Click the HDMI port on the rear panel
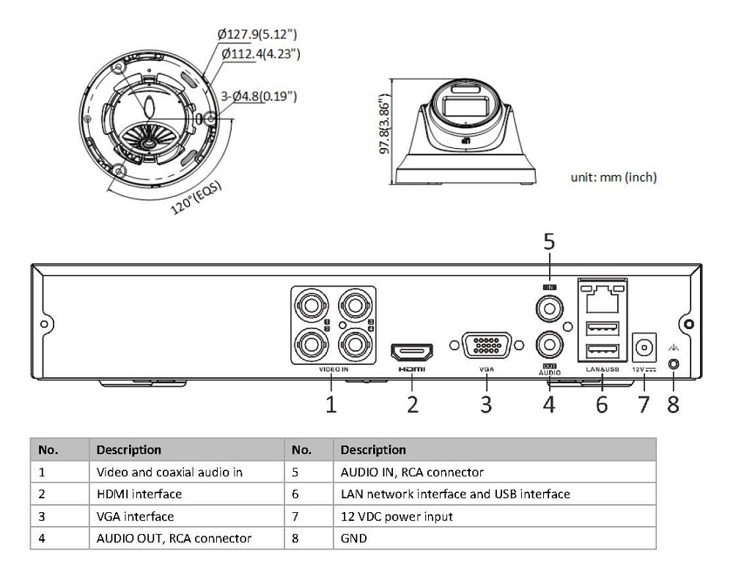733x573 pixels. click(x=412, y=352)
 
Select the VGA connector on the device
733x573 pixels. click(x=485, y=344)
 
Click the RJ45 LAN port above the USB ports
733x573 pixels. click(x=602, y=296)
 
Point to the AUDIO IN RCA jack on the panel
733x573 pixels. click(x=548, y=308)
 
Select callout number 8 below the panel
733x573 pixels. click(x=673, y=404)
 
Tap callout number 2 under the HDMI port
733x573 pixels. click(x=413, y=404)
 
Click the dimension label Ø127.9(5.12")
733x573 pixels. click(x=257, y=34)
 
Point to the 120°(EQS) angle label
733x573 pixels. click(x=197, y=196)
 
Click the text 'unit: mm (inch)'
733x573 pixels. click(x=614, y=177)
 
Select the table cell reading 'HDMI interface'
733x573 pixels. click(x=139, y=495)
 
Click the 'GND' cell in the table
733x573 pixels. click(x=354, y=539)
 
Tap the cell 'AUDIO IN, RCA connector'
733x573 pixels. click(x=412, y=473)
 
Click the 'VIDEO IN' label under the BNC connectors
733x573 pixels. click(x=334, y=370)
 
